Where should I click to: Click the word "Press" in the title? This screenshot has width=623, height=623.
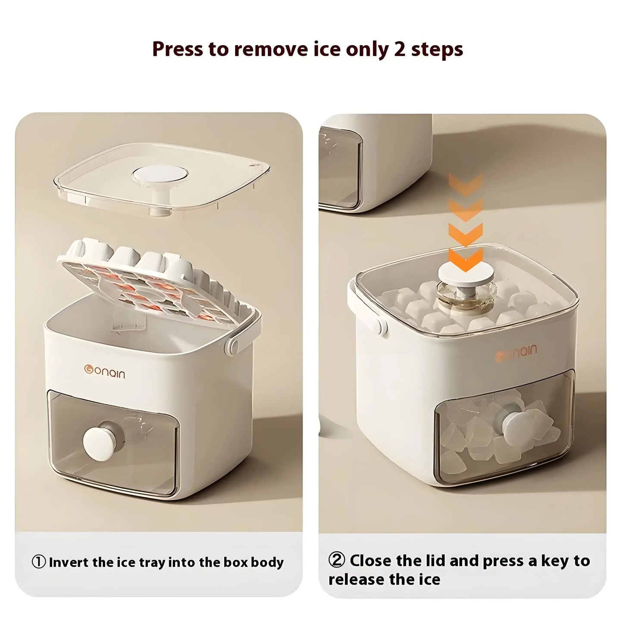[177, 50]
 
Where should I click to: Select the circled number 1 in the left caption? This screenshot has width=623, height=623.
[39, 562]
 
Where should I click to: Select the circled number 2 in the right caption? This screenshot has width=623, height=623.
[336, 560]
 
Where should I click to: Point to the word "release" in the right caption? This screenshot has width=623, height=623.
[356, 579]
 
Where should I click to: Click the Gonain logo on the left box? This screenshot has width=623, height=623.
[104, 372]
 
